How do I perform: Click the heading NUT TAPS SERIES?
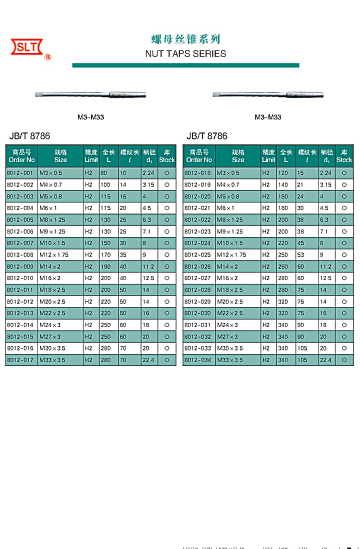click(x=185, y=54)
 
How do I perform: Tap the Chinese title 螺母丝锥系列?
click(x=185, y=39)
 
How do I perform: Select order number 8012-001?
click(x=20, y=173)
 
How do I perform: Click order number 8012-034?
click(x=198, y=360)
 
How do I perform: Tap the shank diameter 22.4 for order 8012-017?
click(x=148, y=360)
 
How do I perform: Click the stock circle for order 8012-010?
click(x=167, y=278)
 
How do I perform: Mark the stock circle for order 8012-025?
click(x=344, y=255)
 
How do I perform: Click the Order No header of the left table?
click(x=21, y=156)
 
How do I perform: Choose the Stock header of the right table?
click(x=344, y=156)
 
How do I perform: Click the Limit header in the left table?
click(x=91, y=156)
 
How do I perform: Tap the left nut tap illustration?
click(x=90, y=94)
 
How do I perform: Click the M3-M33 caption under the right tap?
click(x=267, y=117)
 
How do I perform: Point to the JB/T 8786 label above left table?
click(x=29, y=136)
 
